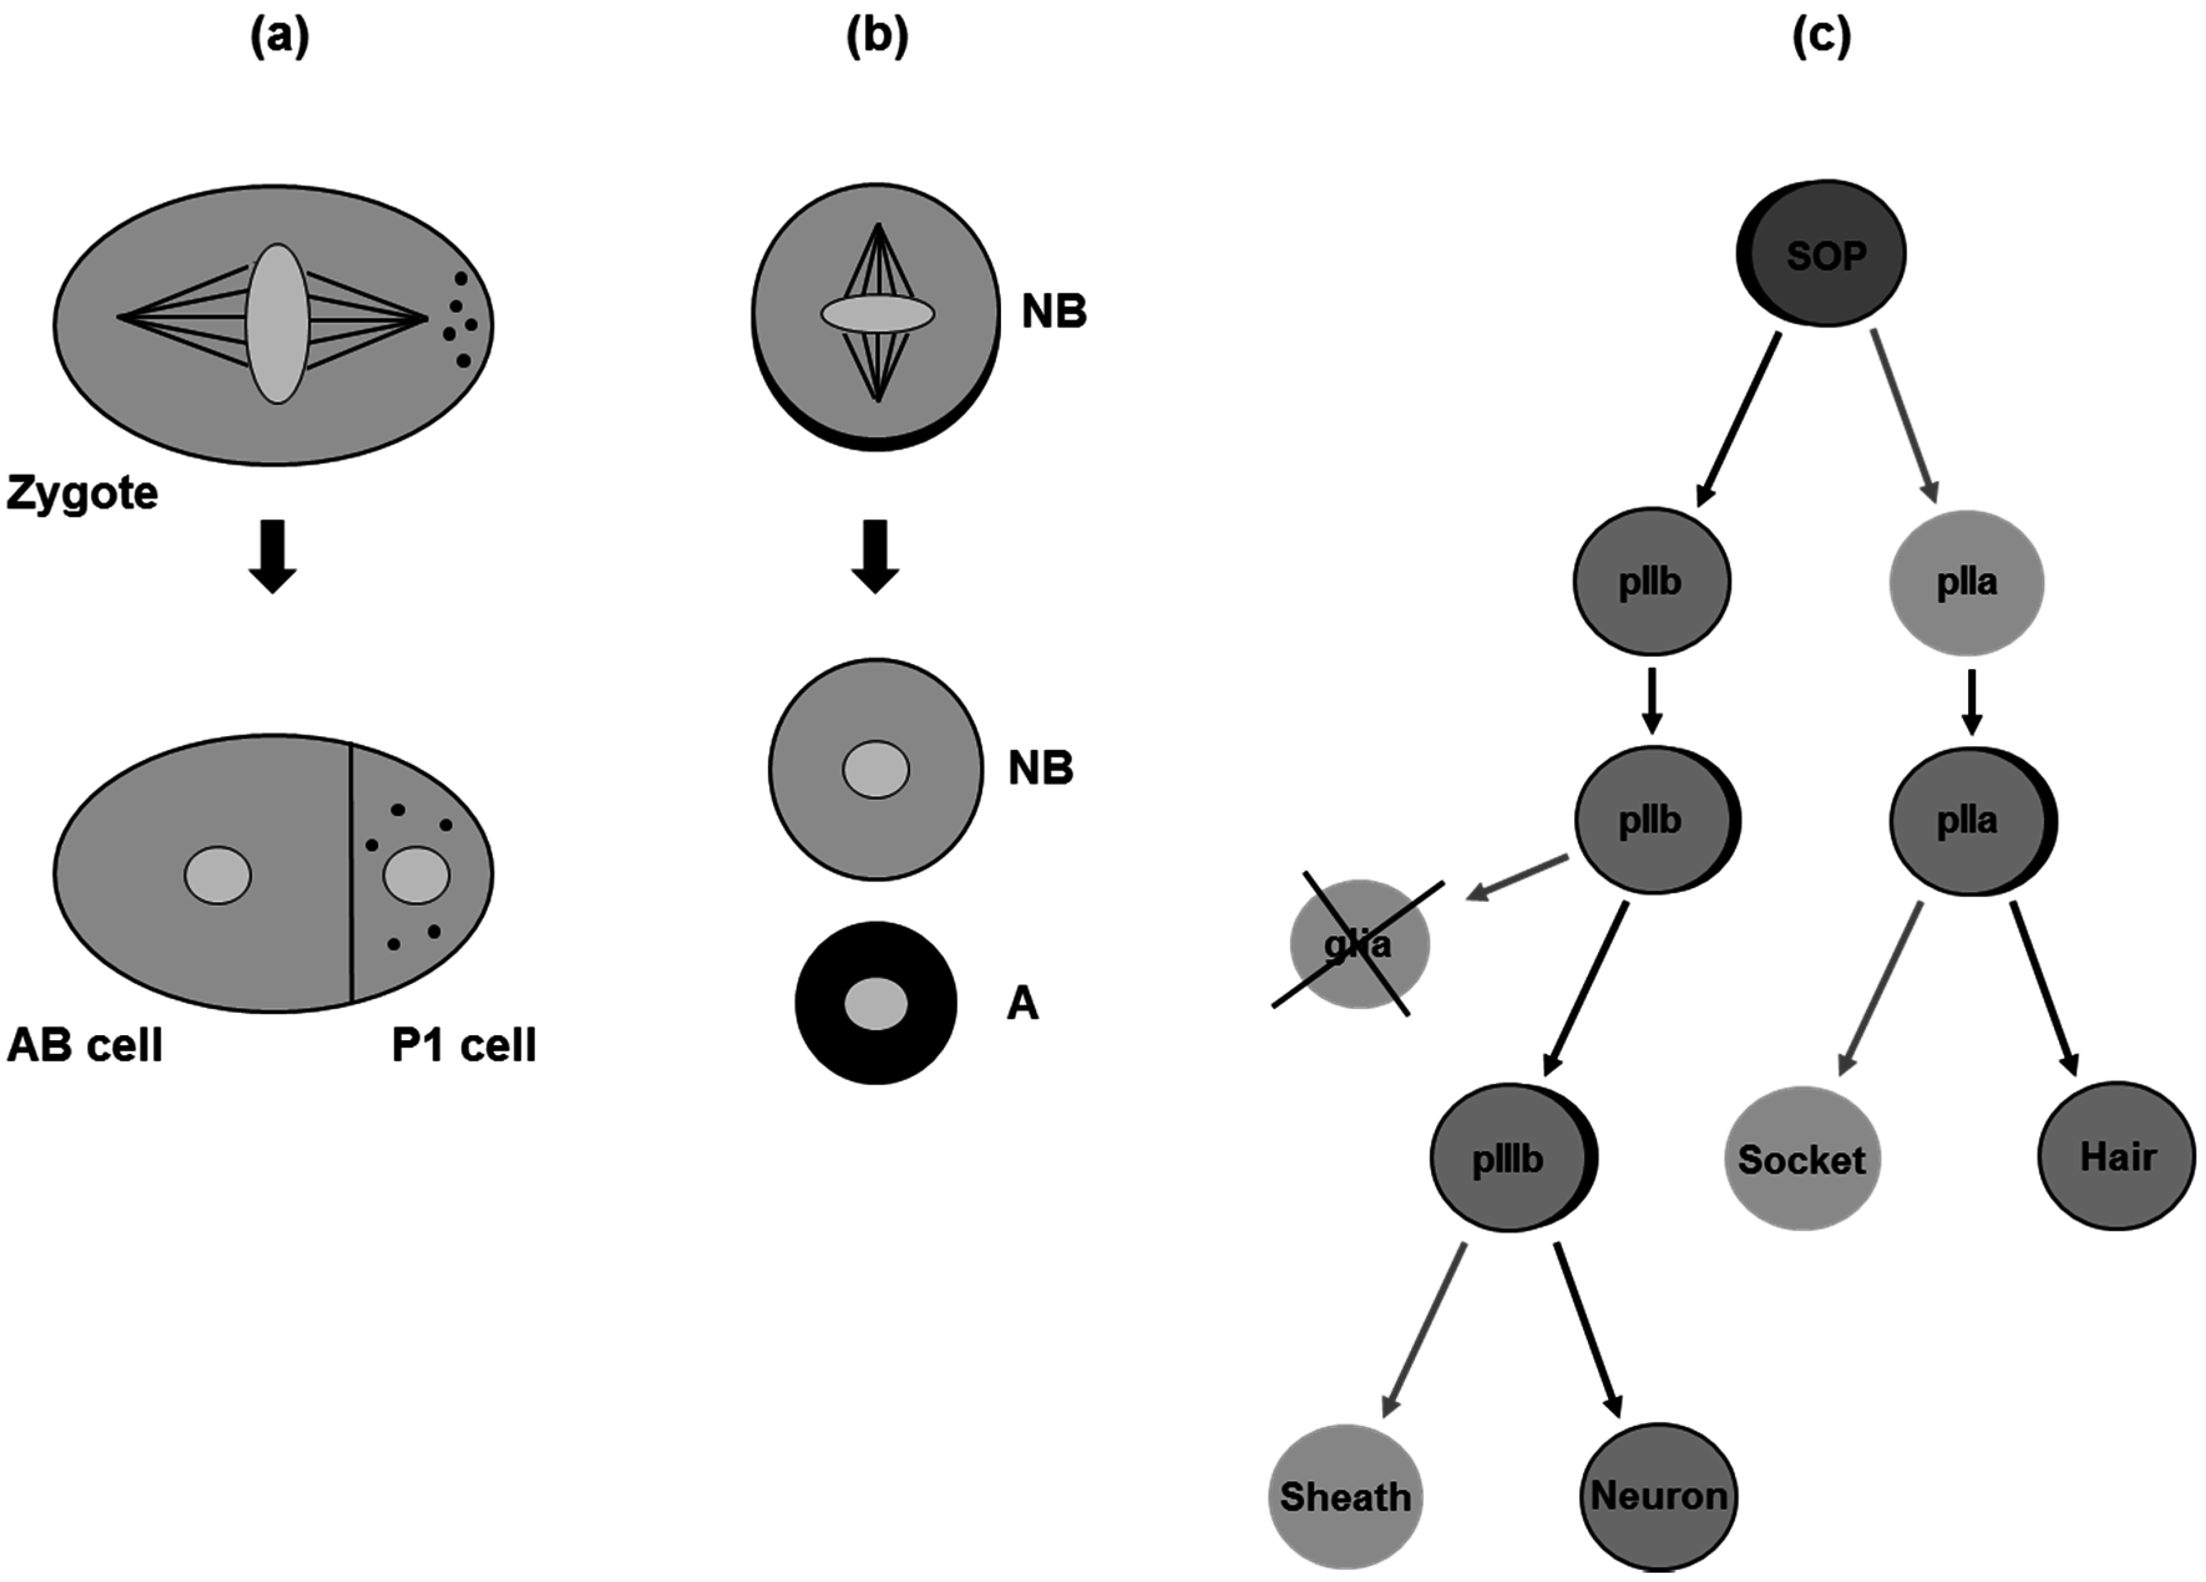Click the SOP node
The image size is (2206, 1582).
tap(1821, 253)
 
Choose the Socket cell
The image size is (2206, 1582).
tap(1802, 1159)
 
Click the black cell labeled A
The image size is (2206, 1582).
tap(875, 1003)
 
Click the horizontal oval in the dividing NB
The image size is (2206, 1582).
tap(877, 314)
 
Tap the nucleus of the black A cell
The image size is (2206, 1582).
tap(875, 1003)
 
